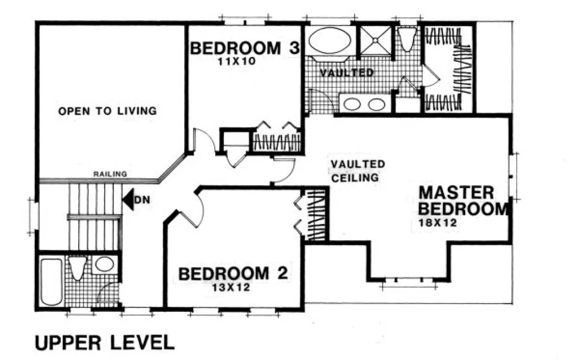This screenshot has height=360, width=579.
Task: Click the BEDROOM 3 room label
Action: tap(245, 48)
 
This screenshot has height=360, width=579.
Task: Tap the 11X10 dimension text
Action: tap(236, 62)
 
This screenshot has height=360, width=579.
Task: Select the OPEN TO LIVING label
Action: tap(107, 111)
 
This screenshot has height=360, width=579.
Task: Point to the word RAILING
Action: tap(110, 174)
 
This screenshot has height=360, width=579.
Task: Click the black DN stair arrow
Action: tap(128, 199)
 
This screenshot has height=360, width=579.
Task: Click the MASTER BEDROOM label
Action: tap(464, 201)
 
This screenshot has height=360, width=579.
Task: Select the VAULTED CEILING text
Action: tap(358, 170)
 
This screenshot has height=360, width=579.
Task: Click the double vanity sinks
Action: tap(364, 103)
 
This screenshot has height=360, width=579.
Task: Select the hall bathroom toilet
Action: tap(77, 267)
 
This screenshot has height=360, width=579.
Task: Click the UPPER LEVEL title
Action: tap(105, 343)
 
